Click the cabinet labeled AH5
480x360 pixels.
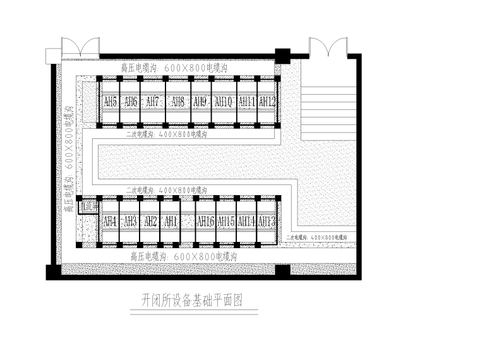pos(110,101)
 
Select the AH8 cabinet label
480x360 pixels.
pos(177,101)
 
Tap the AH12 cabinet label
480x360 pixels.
pos(267,101)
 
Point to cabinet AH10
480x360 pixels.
pos(224,101)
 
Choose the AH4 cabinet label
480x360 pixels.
pos(110,221)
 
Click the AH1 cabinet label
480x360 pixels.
pos(171,221)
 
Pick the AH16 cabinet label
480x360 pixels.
pos(205,221)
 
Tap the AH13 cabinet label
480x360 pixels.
pos(267,221)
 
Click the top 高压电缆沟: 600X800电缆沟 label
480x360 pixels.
pos(174,67)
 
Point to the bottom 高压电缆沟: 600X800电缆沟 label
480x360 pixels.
pos(183,256)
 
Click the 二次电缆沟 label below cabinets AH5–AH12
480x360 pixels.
pos(166,135)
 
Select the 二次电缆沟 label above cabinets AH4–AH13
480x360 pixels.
pos(166,189)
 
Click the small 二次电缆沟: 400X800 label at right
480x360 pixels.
pos(316,237)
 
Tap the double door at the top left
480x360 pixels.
pos(80,49)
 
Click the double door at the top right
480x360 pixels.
pos(327,49)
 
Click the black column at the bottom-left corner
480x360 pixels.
pos(54,272)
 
